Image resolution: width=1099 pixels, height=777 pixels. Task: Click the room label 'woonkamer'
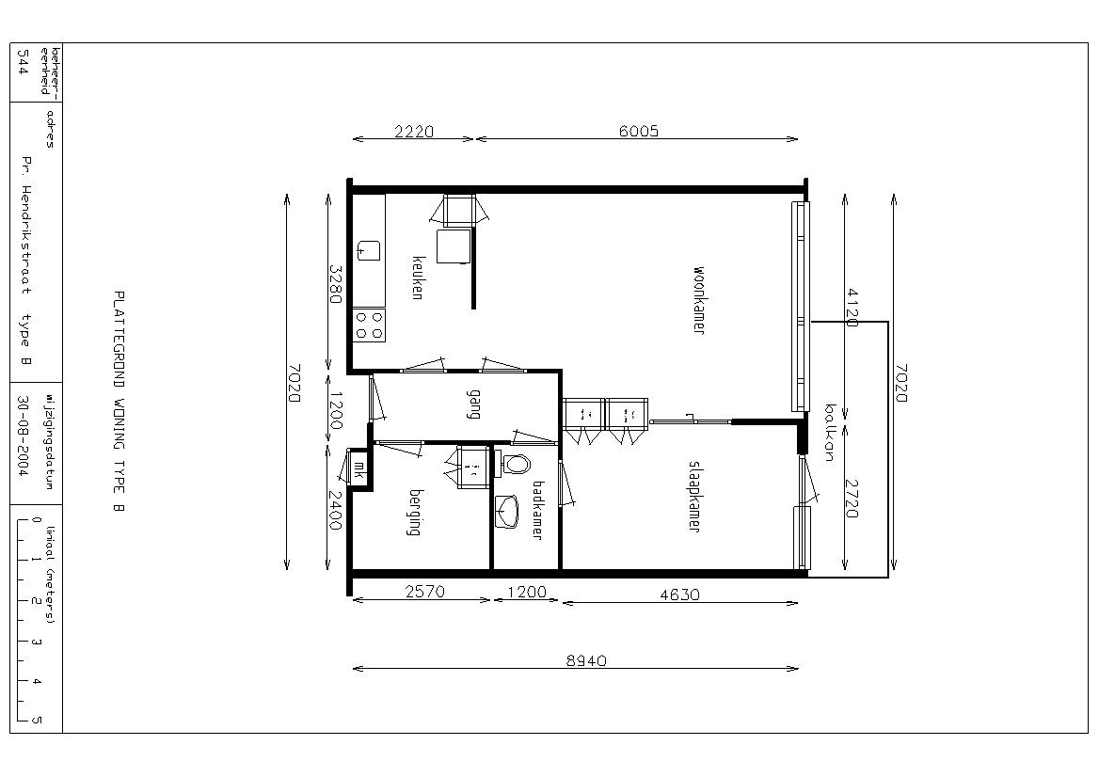coord(698,299)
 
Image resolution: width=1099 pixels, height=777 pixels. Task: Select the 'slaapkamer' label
coord(693,497)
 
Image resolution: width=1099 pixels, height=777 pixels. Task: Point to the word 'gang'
coord(474,404)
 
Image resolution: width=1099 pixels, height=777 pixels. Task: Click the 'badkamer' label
coord(537,509)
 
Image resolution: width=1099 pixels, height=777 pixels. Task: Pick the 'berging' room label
coord(415,512)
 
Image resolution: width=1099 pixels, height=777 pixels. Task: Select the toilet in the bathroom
coord(516,464)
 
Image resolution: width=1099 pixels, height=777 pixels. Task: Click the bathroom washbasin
coord(506,511)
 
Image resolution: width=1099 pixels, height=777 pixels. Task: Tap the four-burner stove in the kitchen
coord(369,325)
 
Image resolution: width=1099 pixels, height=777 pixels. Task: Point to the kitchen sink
coord(369,250)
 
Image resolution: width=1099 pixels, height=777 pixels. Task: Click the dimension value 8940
coord(586,660)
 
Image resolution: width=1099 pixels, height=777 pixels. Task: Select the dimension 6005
coord(639,131)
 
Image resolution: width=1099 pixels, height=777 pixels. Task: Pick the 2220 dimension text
coord(413,131)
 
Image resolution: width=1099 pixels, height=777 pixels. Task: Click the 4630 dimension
coord(679,595)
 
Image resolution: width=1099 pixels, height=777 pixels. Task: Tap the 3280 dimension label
coord(335,284)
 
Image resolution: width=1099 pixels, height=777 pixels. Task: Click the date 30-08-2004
coord(23,436)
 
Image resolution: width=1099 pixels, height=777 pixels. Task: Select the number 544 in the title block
coord(23,62)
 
